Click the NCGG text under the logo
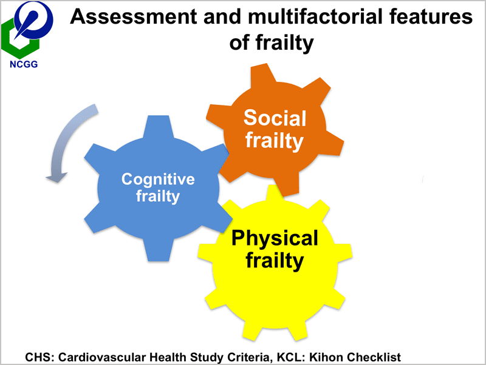[23, 62]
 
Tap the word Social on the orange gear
[275, 118]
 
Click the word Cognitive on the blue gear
[158, 179]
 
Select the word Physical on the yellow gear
[275, 238]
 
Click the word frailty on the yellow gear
[275, 261]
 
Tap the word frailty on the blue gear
[158, 196]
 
